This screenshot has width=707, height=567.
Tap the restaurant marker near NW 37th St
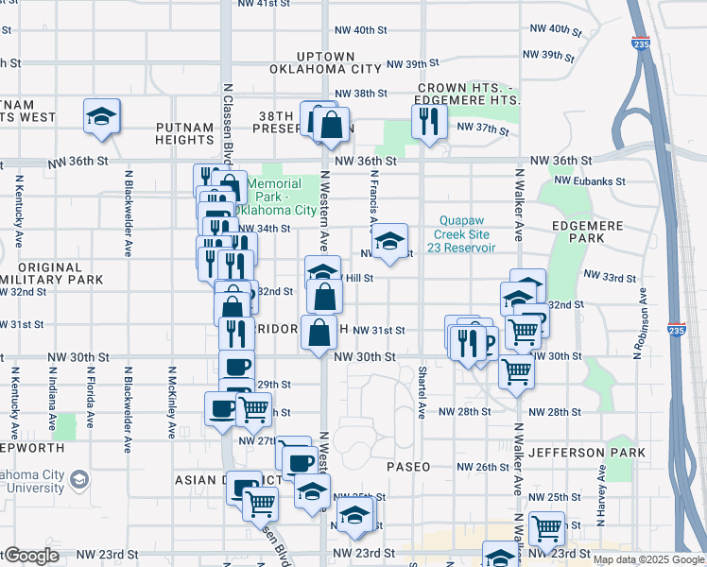coord(429,120)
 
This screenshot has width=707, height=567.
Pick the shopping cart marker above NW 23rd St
coord(546,527)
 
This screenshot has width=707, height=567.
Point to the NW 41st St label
coord(264,4)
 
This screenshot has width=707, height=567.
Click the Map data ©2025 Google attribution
coord(647,559)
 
